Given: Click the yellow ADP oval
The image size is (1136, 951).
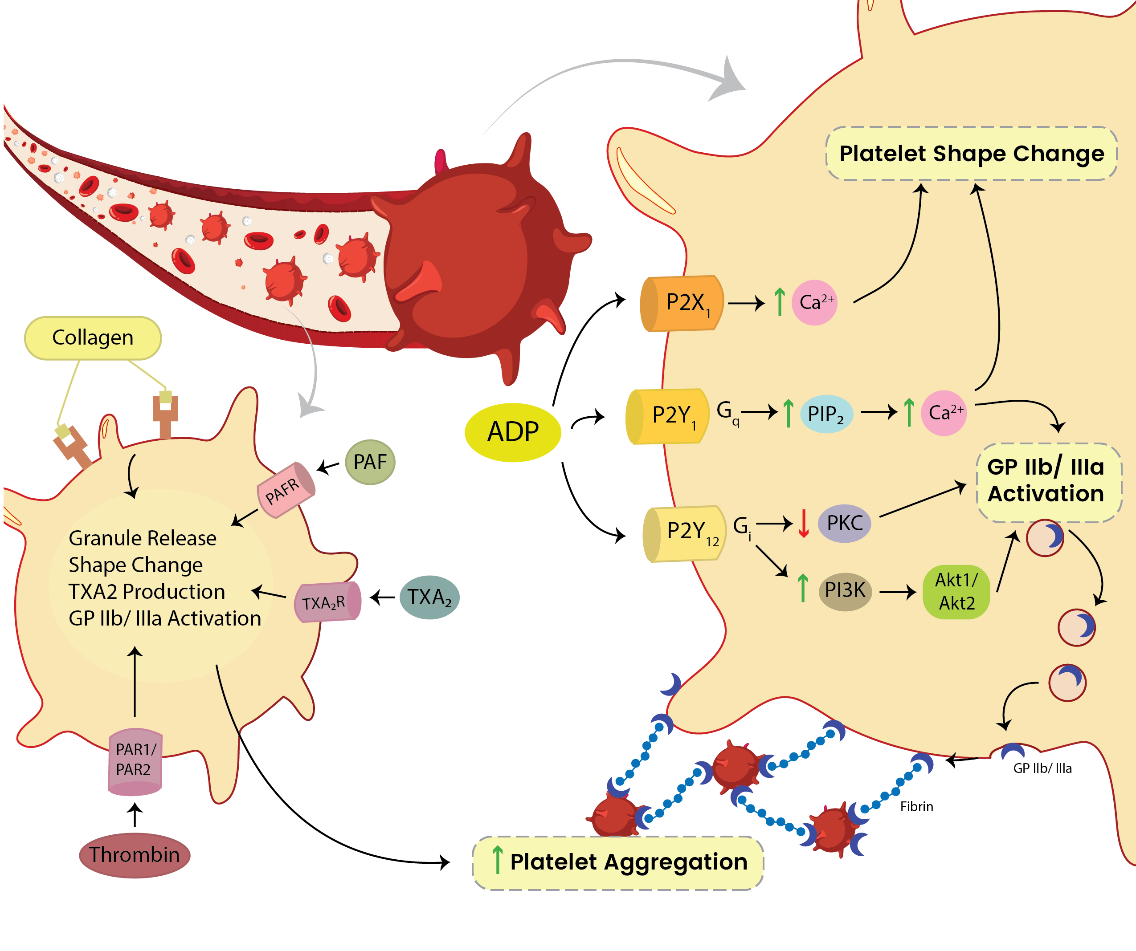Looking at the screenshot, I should [512, 432].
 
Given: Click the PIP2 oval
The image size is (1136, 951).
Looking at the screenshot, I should [826, 414].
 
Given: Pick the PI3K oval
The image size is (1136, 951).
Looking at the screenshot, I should [845, 590].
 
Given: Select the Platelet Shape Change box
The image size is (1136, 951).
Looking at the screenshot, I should [971, 154].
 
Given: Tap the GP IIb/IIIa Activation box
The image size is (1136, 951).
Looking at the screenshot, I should [1048, 482].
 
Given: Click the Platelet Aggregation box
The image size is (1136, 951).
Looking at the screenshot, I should [618, 862].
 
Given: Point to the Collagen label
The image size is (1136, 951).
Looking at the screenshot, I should [93, 338].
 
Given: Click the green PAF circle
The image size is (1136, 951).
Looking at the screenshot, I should [370, 462].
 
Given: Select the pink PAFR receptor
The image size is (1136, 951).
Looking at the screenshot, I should [286, 489].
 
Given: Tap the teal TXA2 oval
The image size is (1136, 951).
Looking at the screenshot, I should [429, 597].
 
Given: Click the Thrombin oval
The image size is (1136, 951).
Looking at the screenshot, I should [134, 855].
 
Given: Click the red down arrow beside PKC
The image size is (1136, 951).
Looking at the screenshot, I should [804, 523].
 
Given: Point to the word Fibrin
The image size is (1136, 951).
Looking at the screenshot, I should [916, 807].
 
